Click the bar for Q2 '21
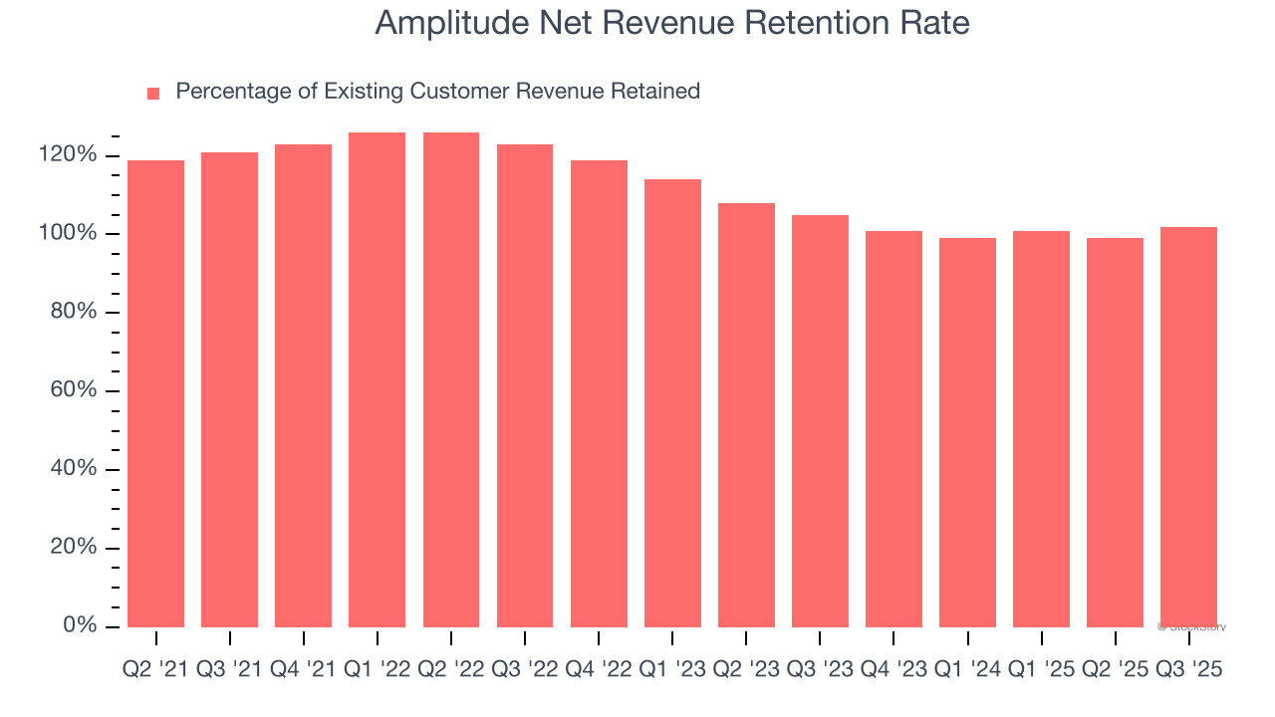tap(155, 393)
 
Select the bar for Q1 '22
tap(377, 379)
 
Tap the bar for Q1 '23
tap(672, 402)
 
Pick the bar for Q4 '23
tap(893, 428)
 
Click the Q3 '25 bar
tap(1188, 426)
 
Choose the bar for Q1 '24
tap(967, 432)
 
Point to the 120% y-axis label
tap(68, 155)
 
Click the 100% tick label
tap(68, 234)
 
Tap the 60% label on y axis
tap(73, 390)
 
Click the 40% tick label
tap(73, 469)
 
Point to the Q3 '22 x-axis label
tap(524, 670)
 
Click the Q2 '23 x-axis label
tap(745, 670)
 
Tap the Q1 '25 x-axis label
tap(1041, 670)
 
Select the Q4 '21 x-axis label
tap(303, 670)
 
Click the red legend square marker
tap(153, 93)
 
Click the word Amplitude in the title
tap(443, 23)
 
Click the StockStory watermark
tap(1192, 627)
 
